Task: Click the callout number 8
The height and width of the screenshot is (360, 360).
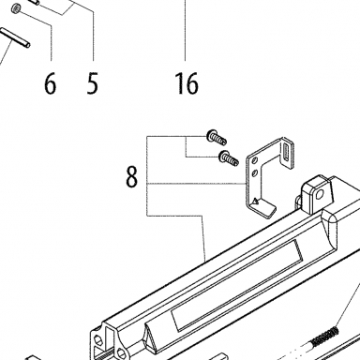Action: [131, 176]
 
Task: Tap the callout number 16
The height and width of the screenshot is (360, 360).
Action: [187, 83]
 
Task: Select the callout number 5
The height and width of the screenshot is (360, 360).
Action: [92, 83]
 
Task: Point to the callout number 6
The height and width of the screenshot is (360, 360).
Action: [50, 83]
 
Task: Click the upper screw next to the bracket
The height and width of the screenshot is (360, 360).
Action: [217, 137]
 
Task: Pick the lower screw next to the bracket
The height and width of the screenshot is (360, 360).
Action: [229, 157]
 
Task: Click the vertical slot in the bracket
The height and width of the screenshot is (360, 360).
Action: [286, 153]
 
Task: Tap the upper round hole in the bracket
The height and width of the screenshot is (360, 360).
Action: [255, 161]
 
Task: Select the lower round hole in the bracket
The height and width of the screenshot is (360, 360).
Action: [255, 172]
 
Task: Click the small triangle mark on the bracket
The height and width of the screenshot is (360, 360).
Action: [255, 201]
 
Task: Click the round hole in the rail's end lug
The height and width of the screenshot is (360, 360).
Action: [320, 195]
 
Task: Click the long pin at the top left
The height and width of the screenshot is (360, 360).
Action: [16, 37]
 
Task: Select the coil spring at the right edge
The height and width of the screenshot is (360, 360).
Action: [325, 336]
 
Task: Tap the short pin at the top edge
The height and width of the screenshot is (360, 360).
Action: [35, 2]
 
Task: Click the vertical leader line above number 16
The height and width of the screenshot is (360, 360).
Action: [185, 30]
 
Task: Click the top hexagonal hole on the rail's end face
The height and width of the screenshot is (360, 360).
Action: [98, 339]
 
